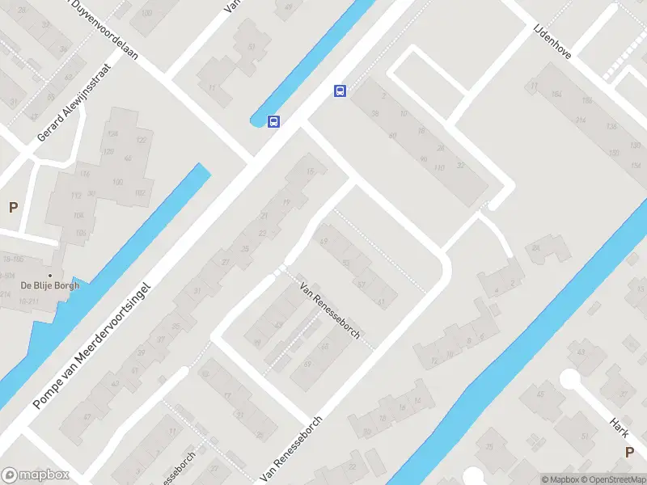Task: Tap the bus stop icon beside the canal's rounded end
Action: tap(274, 122)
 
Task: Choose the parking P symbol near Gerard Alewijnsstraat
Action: tap(13, 208)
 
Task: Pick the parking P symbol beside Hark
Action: tap(629, 452)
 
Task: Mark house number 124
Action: tap(112, 133)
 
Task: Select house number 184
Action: tap(555, 95)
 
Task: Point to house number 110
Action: tap(439, 168)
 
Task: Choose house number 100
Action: tap(117, 182)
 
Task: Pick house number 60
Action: tap(392, 135)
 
